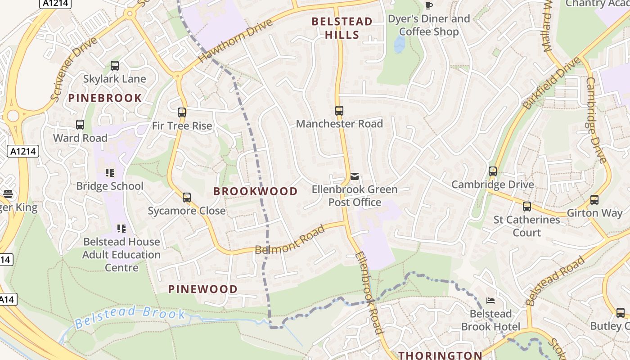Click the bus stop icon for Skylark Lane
115,66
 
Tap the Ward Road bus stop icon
80,125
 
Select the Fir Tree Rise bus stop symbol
182,112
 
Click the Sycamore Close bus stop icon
187,197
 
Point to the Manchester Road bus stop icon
339,111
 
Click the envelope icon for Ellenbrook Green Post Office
355,176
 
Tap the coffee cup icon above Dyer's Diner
428,5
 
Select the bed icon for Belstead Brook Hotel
490,300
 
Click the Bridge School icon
110,173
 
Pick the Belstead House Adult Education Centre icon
121,229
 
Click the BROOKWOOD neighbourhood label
255,191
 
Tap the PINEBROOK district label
105,98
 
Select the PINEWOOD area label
203,289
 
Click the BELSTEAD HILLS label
342,28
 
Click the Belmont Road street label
290,240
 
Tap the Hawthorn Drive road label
235,40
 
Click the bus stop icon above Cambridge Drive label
493,171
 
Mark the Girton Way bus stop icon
594,200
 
